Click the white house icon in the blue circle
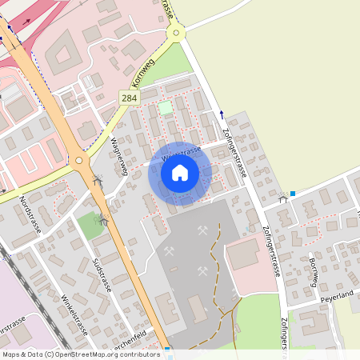point(180,172)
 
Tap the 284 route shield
point(129,97)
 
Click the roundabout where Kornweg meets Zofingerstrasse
point(175,33)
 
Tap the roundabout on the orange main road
point(78,160)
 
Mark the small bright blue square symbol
point(294,193)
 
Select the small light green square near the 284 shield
point(165,107)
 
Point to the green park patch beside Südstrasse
point(90,226)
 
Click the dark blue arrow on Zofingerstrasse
point(222,114)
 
